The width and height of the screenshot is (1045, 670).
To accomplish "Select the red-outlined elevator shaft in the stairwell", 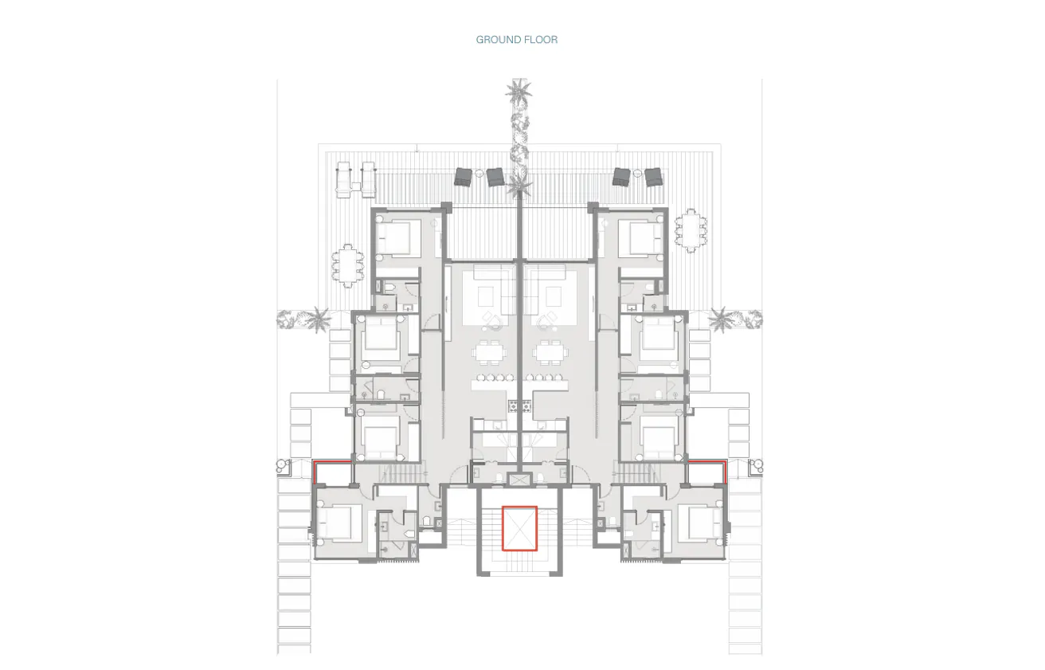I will (519, 528).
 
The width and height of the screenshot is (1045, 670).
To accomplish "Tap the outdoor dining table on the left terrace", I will (346, 264).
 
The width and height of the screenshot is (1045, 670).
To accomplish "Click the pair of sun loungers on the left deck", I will (355, 179).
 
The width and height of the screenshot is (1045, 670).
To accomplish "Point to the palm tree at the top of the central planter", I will (519, 92).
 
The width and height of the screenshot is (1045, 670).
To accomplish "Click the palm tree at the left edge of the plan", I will (318, 319).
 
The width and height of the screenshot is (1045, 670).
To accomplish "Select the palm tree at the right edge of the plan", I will (722, 319).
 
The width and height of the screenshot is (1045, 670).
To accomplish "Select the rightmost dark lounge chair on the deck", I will (654, 177).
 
